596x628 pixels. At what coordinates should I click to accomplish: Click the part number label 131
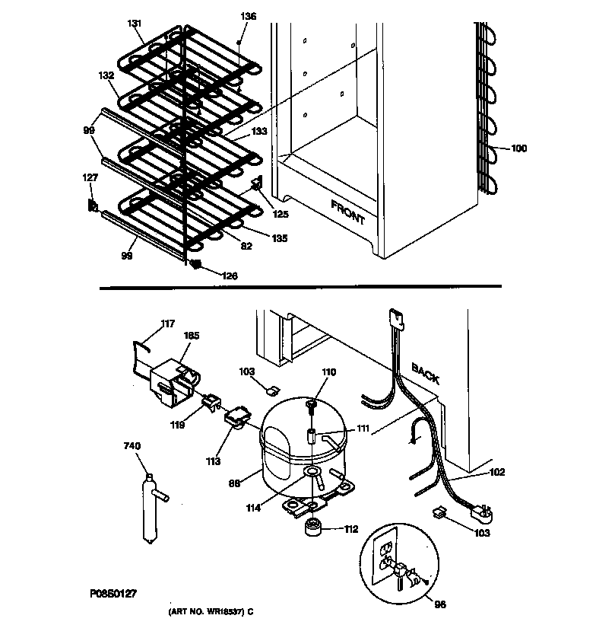point(135,24)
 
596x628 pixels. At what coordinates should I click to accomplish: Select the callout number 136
point(249,16)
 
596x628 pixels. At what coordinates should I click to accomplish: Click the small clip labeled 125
point(257,183)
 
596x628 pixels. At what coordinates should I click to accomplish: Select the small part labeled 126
point(195,264)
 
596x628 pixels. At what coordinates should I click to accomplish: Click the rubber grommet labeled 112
point(312,529)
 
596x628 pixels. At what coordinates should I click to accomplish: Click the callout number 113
point(213,461)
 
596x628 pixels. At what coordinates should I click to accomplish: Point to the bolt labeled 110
point(312,410)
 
